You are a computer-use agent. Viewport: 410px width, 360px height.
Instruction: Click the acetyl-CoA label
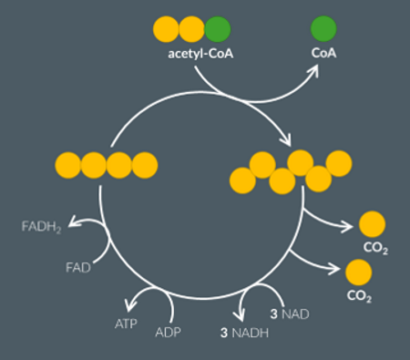coord(200,54)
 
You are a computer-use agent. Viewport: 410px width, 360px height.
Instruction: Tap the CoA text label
coord(323,54)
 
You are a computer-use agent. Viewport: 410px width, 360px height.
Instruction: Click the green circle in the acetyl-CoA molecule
coord(218,29)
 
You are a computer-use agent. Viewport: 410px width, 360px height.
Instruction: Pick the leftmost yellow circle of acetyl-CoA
coord(166,29)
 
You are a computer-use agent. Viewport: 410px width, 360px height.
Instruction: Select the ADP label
coord(169,331)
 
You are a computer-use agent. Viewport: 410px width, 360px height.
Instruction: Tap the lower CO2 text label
coord(359,295)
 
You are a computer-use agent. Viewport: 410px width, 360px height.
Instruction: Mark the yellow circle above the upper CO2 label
coord(373,223)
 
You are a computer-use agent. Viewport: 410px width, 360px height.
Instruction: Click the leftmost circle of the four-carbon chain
coord(68,165)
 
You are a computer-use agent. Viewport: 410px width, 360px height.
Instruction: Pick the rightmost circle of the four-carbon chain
coord(145,165)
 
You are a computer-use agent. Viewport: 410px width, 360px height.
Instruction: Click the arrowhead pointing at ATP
coord(132,306)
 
